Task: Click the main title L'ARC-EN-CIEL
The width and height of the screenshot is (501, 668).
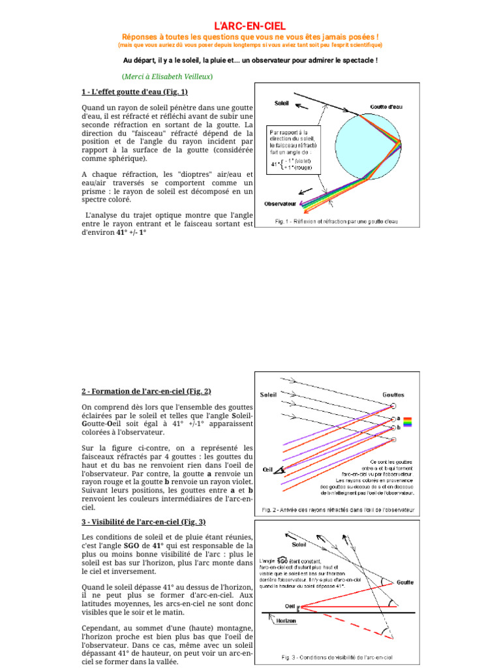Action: [250, 25]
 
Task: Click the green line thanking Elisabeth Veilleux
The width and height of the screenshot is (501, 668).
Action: [167, 76]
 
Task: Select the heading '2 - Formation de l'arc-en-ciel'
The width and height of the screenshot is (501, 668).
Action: [146, 391]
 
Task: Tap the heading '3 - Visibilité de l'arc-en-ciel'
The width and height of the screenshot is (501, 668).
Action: [144, 521]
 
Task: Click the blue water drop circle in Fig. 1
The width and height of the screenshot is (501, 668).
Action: [369, 145]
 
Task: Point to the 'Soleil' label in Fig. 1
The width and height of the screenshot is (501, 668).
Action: [282, 103]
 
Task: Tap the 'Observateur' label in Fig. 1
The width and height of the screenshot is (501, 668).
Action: [280, 204]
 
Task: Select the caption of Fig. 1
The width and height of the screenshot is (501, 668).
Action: [336, 222]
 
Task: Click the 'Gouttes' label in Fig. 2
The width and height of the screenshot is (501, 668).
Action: [393, 395]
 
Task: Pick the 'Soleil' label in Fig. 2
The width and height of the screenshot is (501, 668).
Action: [268, 395]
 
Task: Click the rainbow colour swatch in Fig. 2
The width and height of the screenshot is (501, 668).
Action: [408, 421]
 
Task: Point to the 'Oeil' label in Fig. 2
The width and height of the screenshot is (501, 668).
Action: [267, 469]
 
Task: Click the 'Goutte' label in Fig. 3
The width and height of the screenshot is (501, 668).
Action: [406, 583]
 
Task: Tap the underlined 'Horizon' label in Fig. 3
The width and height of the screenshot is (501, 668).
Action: [285, 621]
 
